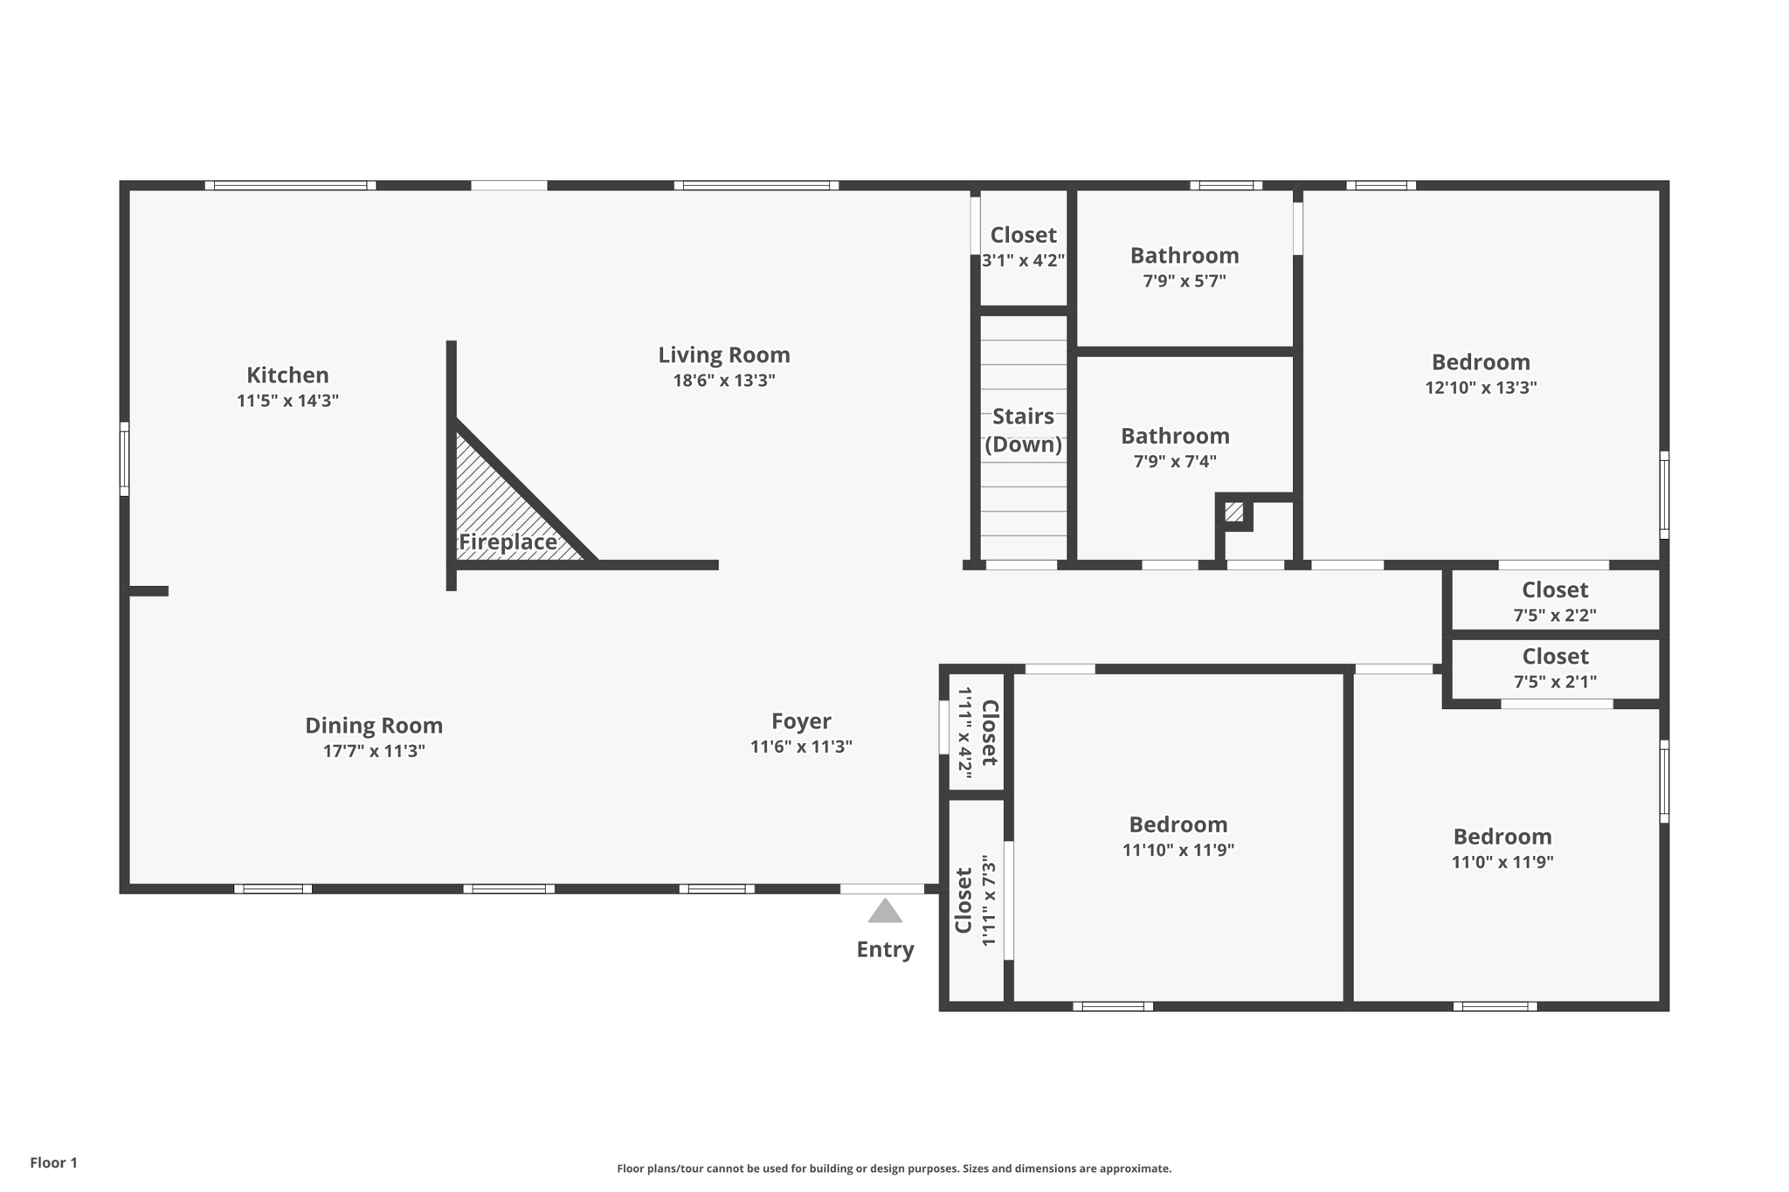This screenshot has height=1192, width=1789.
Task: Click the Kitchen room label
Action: (x=287, y=376)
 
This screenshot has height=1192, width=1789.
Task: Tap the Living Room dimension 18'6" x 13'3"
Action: (x=724, y=381)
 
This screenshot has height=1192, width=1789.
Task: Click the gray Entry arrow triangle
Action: (x=885, y=911)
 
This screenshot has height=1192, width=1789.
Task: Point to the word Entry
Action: (x=885, y=950)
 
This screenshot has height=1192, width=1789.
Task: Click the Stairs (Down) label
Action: (x=1024, y=431)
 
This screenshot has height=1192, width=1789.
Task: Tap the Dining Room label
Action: (x=374, y=726)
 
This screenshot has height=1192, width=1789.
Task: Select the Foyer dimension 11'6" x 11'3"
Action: (x=801, y=747)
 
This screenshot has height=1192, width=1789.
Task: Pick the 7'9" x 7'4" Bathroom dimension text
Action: (x=1175, y=461)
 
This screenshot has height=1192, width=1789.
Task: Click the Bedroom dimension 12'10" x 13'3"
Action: (x=1481, y=388)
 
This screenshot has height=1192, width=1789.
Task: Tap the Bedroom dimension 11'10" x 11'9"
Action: (x=1178, y=850)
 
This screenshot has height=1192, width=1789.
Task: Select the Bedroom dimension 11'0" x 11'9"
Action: (x=1502, y=862)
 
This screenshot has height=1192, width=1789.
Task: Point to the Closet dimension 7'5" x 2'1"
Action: (x=1555, y=681)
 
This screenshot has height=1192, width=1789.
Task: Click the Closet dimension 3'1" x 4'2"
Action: (x=1024, y=260)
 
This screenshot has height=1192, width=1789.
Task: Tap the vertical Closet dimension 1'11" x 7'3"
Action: (x=989, y=900)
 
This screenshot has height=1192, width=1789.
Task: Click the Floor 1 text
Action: (x=54, y=1162)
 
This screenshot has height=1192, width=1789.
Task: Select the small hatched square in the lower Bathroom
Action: (x=1233, y=512)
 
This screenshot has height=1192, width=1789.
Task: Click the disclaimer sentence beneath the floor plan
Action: (x=894, y=1168)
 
